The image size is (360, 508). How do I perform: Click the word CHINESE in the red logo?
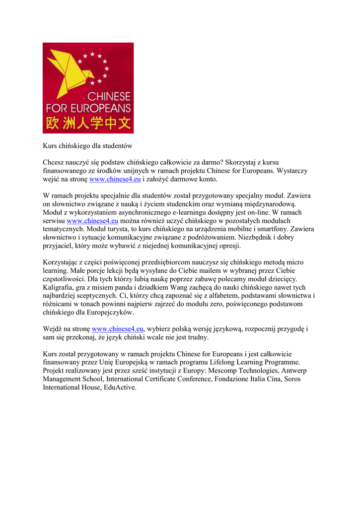click(x=109, y=96)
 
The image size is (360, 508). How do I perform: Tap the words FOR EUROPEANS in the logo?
click(x=88, y=108)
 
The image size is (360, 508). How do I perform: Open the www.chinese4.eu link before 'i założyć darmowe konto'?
click(x=115, y=179)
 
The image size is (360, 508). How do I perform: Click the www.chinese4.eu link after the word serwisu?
click(x=92, y=221)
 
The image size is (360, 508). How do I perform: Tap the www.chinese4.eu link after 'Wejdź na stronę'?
click(x=118, y=329)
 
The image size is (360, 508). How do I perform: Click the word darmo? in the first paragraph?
click(x=211, y=162)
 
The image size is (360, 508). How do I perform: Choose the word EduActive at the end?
click(x=120, y=387)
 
